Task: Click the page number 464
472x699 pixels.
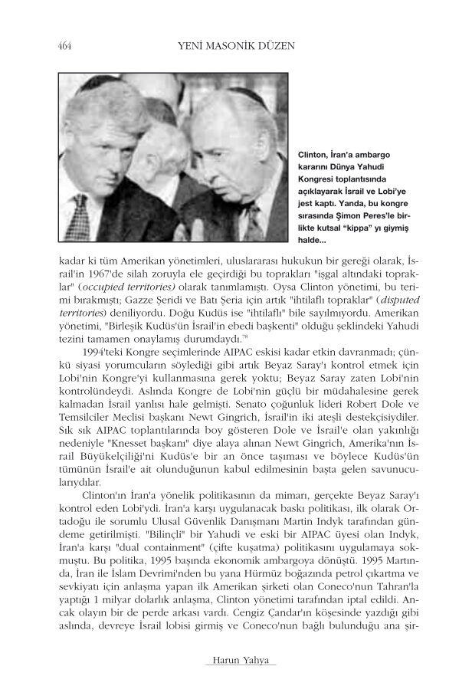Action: [64, 47]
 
